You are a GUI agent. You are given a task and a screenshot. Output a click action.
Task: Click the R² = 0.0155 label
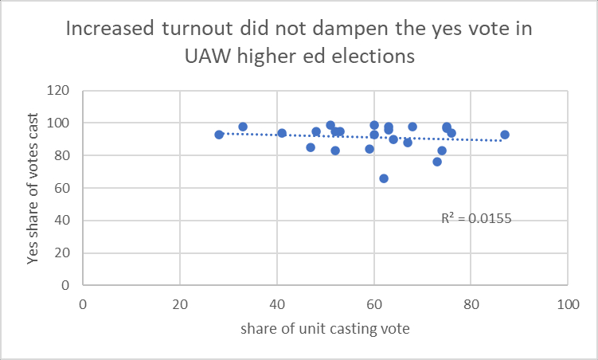pos(476,217)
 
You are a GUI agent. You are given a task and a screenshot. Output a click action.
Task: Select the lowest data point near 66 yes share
pos(384,178)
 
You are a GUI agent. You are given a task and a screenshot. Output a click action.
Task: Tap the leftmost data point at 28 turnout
pos(219,135)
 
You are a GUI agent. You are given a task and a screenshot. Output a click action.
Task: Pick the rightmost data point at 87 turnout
pos(505,135)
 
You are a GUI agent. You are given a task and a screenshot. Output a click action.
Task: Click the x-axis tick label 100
pos(567,303)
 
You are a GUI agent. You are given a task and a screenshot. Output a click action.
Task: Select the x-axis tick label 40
pos(276,303)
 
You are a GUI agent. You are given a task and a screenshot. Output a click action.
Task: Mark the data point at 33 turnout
pos(243,127)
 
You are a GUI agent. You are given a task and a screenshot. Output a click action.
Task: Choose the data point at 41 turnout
pos(282,133)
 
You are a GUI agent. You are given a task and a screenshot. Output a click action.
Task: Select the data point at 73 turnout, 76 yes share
pos(437,162)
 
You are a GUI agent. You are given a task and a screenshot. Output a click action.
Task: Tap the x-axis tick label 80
pos(471,303)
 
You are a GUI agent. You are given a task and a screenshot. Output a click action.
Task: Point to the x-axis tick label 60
pos(373,303)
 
